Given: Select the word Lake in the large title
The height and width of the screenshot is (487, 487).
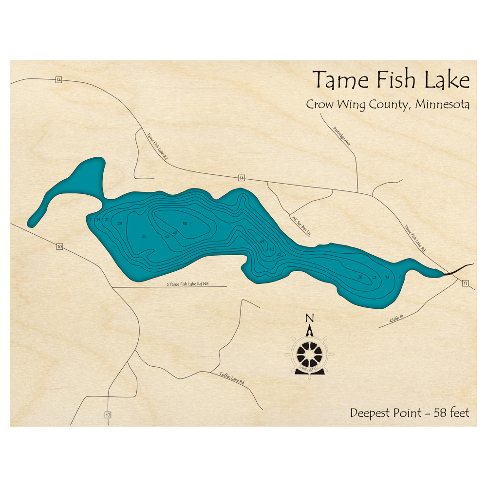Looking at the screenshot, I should (447, 80).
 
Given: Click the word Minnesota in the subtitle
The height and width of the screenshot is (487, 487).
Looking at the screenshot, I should (443, 105).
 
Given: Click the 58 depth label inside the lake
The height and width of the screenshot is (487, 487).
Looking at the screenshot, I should (185, 224).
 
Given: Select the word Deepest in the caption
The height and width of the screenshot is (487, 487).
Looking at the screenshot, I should (370, 413).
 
